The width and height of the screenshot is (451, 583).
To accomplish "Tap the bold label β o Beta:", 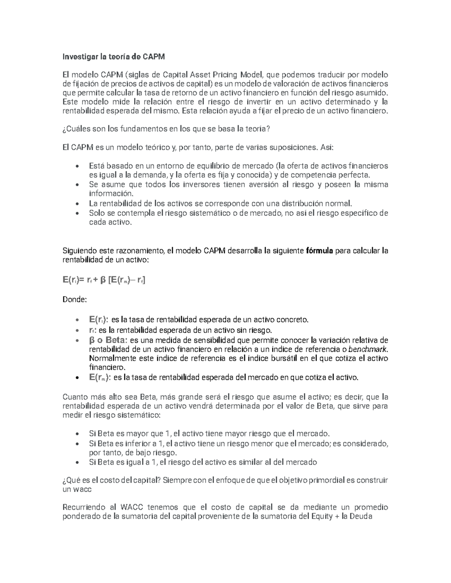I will (x=108, y=340).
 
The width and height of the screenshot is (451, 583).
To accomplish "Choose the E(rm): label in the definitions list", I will (x=100, y=377).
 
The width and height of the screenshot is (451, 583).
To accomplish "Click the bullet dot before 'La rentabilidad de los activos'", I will (x=77, y=204).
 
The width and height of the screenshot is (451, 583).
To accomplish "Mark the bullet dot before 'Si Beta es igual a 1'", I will (x=77, y=462).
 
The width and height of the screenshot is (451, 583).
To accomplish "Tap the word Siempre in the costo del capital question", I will (x=176, y=481).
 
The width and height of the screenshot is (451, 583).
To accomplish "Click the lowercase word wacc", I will (x=82, y=490).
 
